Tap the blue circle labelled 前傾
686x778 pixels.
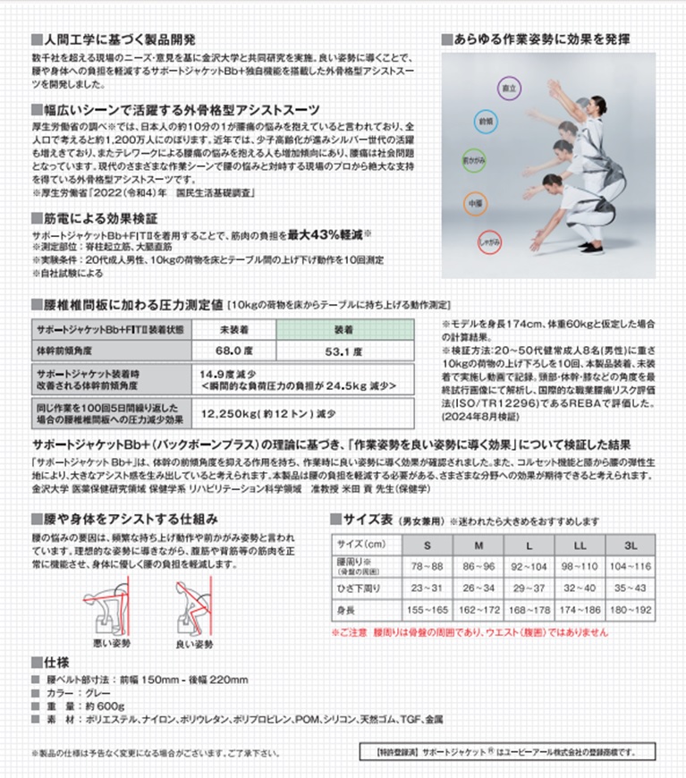(x=487, y=121)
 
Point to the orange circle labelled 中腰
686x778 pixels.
(x=476, y=203)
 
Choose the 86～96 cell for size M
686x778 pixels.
(x=480, y=567)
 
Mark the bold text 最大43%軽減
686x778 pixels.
(x=324, y=234)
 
